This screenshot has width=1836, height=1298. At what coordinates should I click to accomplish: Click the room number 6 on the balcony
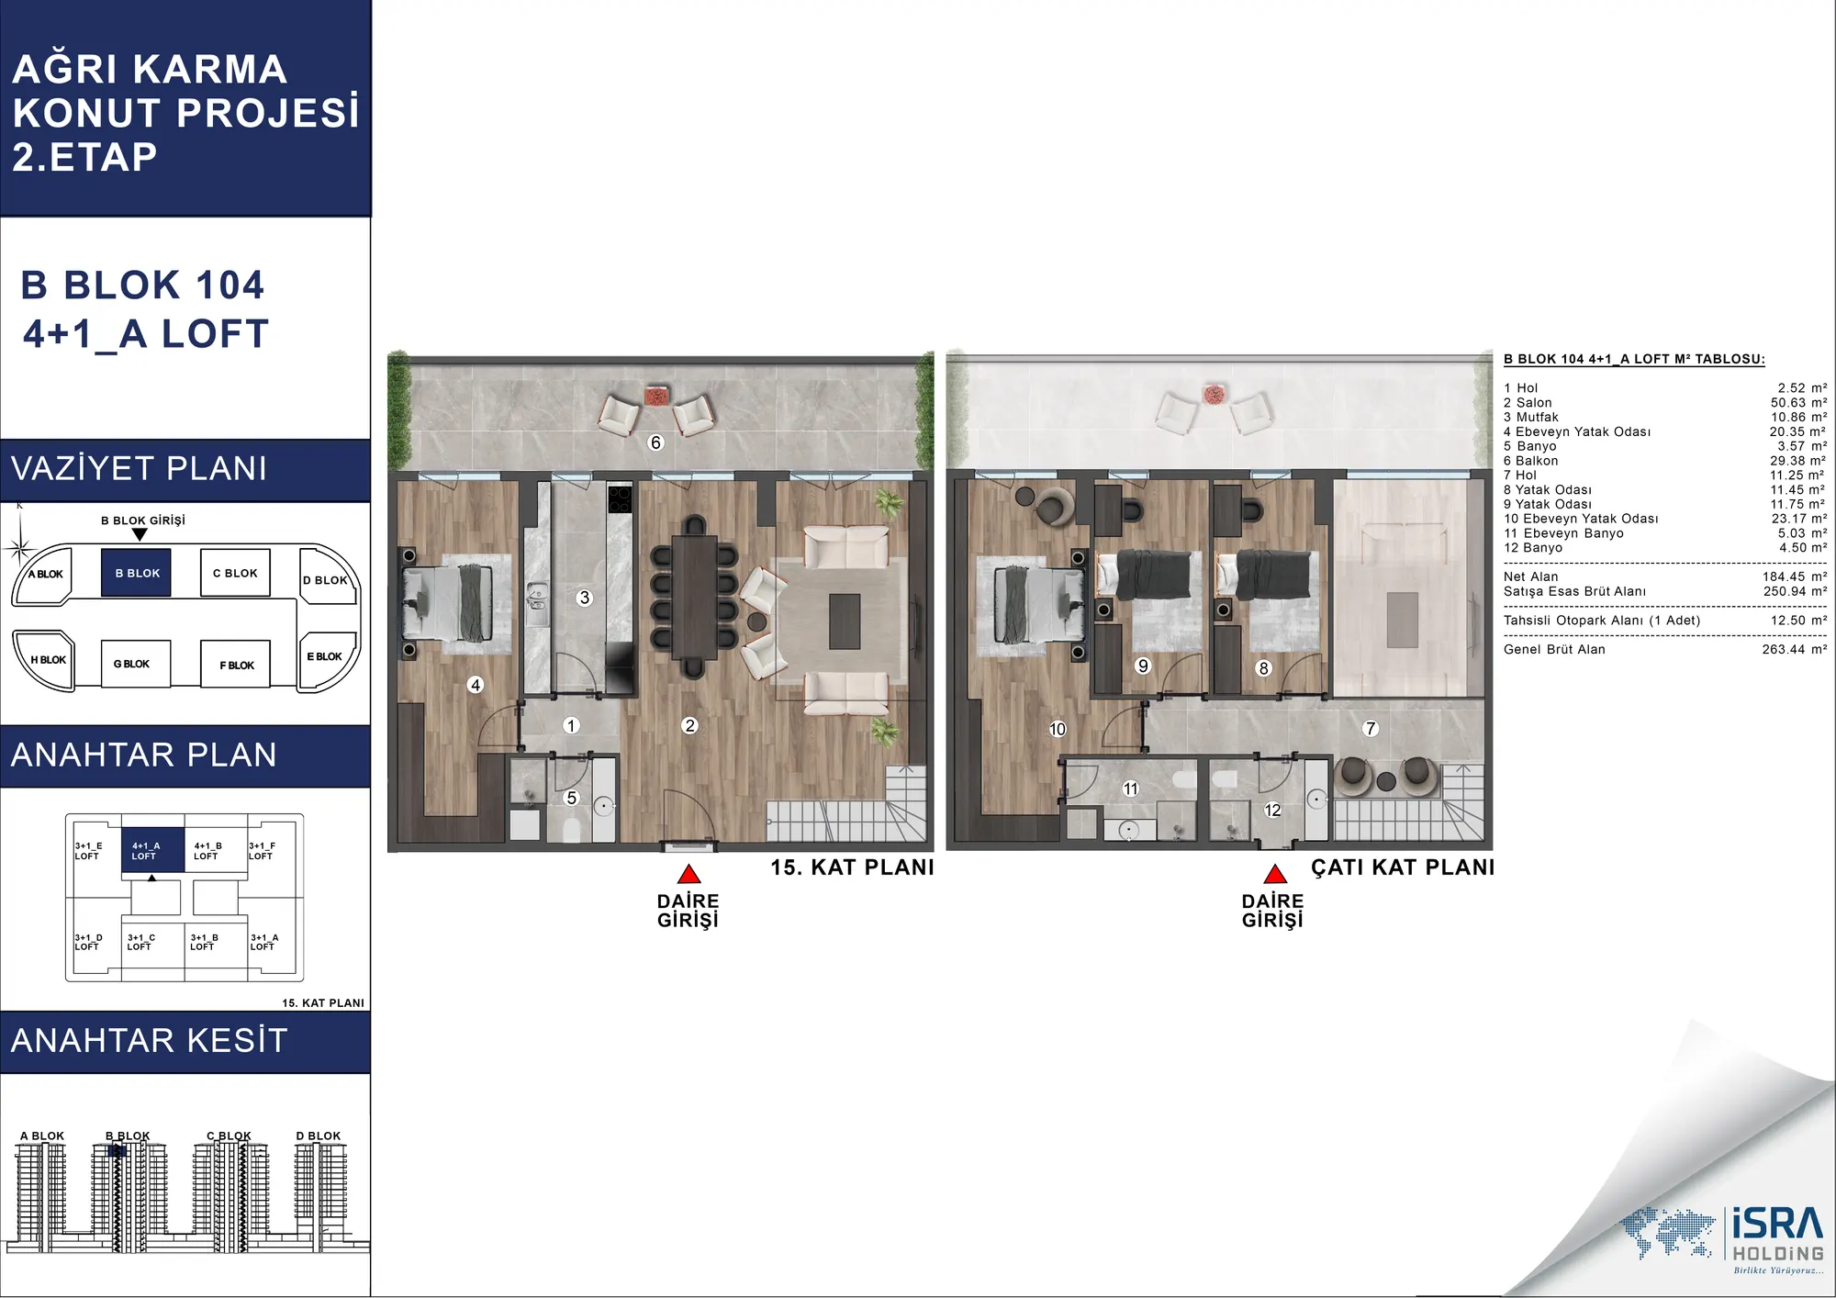point(655,442)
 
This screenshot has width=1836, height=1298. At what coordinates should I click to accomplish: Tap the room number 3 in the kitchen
point(585,598)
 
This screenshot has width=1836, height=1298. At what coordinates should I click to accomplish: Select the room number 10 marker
point(1058,729)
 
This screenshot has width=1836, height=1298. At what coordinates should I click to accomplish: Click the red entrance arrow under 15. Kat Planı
point(688,874)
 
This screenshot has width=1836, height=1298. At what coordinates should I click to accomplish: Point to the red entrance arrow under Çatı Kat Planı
point(1274,874)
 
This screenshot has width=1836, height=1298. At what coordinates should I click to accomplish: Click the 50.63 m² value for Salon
point(1798,402)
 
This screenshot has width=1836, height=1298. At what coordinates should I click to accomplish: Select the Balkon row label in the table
point(1530,461)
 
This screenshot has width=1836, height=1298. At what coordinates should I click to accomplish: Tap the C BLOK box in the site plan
point(235,573)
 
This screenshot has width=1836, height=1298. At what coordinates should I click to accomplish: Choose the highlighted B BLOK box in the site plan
point(137,573)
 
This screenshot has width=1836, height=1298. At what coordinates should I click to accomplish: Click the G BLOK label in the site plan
point(131,664)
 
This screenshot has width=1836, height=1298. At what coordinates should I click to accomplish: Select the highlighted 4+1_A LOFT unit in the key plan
point(152,850)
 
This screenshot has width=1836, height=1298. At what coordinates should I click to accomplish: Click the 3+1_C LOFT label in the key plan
point(141,942)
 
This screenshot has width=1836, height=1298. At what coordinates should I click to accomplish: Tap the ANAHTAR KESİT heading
point(150,1041)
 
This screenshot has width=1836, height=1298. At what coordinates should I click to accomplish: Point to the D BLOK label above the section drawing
point(318,1136)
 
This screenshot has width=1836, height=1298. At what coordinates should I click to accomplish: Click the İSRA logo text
point(1777,1225)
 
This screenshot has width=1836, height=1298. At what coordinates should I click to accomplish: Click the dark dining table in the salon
point(694,596)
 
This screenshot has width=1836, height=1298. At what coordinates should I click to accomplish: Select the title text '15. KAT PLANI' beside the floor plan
point(852,867)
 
